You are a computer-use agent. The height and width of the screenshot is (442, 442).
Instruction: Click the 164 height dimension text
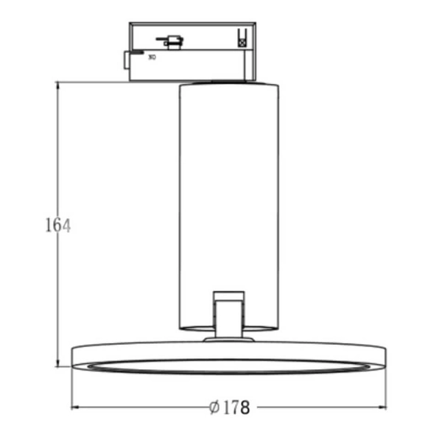tap(57, 225)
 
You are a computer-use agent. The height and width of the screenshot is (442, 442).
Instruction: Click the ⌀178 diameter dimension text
tap(229, 407)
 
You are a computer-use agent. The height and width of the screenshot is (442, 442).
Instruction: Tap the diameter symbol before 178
tap(214, 407)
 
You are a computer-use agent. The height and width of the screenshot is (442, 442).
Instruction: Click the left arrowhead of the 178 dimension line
tap(76, 407)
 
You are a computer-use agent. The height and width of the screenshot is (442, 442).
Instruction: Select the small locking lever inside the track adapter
tap(172, 42)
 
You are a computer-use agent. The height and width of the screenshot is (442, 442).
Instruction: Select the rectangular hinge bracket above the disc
tap(228, 313)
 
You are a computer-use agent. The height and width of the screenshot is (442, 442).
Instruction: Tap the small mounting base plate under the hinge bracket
tap(228, 340)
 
